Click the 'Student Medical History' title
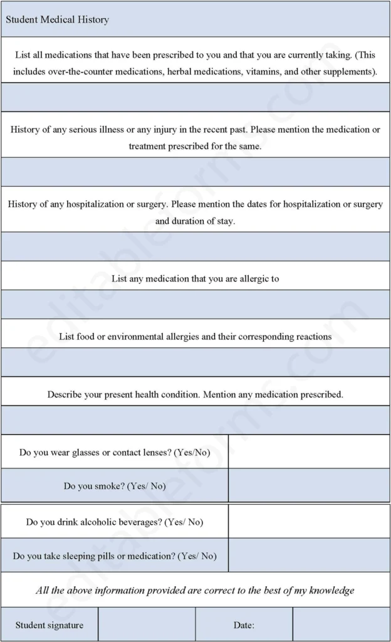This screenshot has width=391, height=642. tap(58, 19)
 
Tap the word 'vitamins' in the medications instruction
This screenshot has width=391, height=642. tap(265, 71)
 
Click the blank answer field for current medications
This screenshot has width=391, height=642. tap(195, 97)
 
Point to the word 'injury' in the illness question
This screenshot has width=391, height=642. tap(163, 129)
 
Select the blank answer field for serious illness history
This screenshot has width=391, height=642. tap(195, 172)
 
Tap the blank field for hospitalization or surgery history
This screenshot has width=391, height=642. tap(195, 246)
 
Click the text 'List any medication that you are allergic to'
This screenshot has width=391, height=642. tap(195, 278)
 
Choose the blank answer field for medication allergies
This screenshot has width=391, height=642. tap(195, 304)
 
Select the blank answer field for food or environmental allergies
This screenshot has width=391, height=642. tap(195, 362)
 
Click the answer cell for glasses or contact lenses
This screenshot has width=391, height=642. tap(309, 451)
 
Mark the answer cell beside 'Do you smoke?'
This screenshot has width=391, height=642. tap(309, 485)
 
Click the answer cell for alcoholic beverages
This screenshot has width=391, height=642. tap(309, 521)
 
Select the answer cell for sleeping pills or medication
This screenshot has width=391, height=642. tap(309, 555)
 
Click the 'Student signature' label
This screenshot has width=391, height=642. tap(50, 625)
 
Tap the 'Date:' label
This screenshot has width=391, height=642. tap(244, 625)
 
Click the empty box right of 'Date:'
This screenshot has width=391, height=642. tap(341, 624)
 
